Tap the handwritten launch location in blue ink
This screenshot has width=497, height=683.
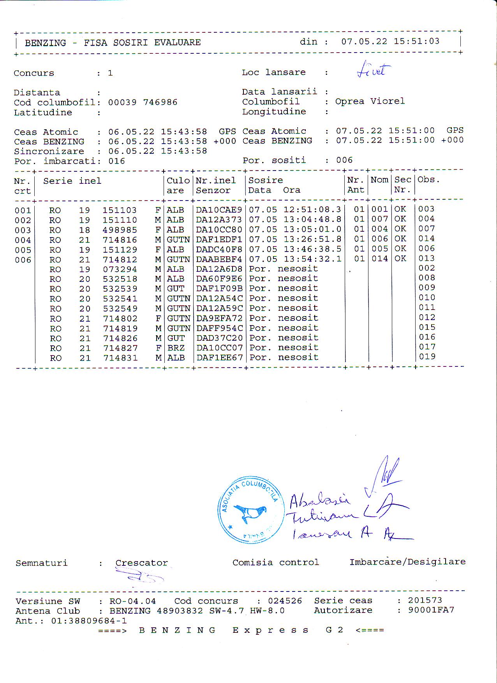click(373, 70)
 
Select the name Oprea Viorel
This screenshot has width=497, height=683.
click(370, 101)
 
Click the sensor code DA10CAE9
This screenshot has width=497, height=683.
click(219, 210)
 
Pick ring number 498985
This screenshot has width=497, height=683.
click(120, 230)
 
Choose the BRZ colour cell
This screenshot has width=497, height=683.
click(176, 348)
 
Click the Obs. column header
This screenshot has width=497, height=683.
click(428, 180)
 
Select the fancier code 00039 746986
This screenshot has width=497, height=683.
click(143, 102)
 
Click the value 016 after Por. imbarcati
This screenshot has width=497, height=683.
click(116, 161)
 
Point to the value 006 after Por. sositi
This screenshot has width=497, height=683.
click(344, 160)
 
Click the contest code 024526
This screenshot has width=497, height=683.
click(285, 601)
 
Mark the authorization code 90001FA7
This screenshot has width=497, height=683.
click(431, 610)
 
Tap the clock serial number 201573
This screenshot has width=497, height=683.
click(425, 600)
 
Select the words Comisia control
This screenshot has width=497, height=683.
click(276, 562)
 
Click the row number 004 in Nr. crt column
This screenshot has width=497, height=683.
click(23, 240)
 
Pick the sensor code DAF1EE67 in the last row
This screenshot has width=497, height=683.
click(219, 357)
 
